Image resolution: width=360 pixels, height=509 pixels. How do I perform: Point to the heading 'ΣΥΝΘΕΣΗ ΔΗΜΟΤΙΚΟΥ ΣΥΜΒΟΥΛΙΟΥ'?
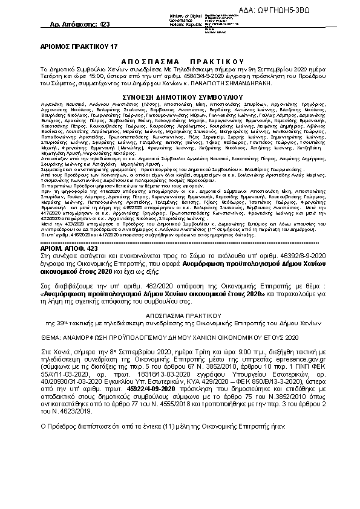coord(182,96)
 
